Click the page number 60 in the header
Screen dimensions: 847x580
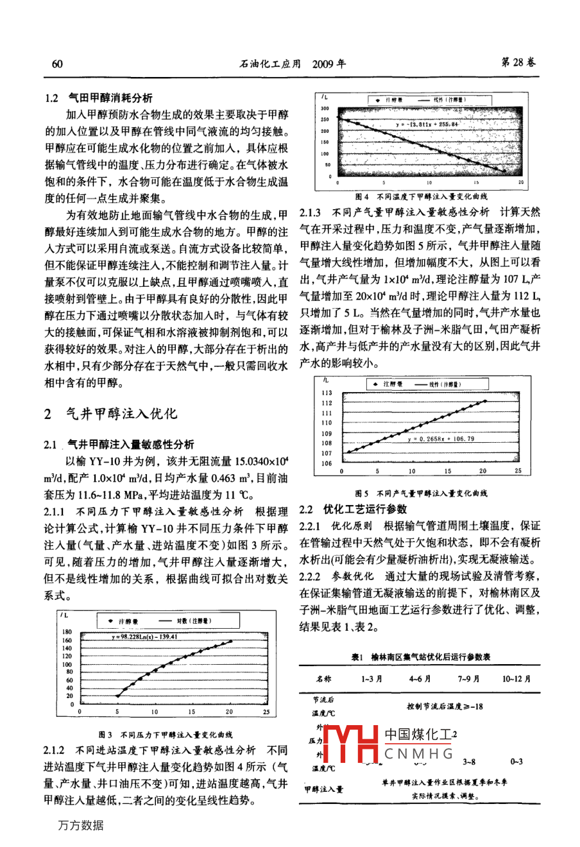tap(56, 64)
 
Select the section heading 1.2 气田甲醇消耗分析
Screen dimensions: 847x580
tap(99, 98)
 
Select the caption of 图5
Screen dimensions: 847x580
tap(421, 493)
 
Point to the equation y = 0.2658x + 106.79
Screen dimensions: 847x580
tap(441, 439)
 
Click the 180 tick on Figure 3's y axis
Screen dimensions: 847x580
tap(68, 633)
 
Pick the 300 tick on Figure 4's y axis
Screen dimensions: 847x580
tap(325, 108)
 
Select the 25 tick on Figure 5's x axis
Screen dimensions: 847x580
tap(518, 471)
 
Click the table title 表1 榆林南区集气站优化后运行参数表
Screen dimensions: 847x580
tap(421, 657)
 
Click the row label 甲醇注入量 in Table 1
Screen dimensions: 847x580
tap(323, 789)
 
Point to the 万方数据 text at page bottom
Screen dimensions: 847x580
tap(80, 826)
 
